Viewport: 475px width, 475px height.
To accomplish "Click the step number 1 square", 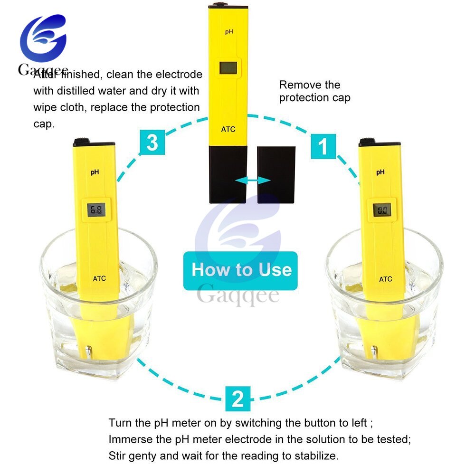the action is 323,146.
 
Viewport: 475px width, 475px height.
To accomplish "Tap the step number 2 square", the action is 238,399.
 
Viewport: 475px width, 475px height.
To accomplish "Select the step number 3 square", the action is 152,142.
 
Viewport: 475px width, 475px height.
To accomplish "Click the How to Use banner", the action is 240,271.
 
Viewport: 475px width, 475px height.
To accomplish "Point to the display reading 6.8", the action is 96,209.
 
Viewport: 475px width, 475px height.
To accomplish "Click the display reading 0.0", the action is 382,209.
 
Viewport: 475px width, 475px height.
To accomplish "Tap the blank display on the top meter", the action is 228,68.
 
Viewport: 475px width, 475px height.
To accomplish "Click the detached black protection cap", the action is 276,175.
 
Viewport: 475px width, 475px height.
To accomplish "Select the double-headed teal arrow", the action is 253,180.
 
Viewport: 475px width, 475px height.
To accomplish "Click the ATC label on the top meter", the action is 228,129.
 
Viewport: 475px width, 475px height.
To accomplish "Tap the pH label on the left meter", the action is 95,172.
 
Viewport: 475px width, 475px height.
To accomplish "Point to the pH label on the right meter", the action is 380,172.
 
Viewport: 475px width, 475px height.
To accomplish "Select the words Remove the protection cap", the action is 315,91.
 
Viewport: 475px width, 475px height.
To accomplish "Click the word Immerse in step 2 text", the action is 130,439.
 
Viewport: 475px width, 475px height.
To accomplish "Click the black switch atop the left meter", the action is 82,141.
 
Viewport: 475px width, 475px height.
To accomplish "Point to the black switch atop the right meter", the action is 367,141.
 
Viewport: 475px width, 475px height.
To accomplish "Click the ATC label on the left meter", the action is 99,278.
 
